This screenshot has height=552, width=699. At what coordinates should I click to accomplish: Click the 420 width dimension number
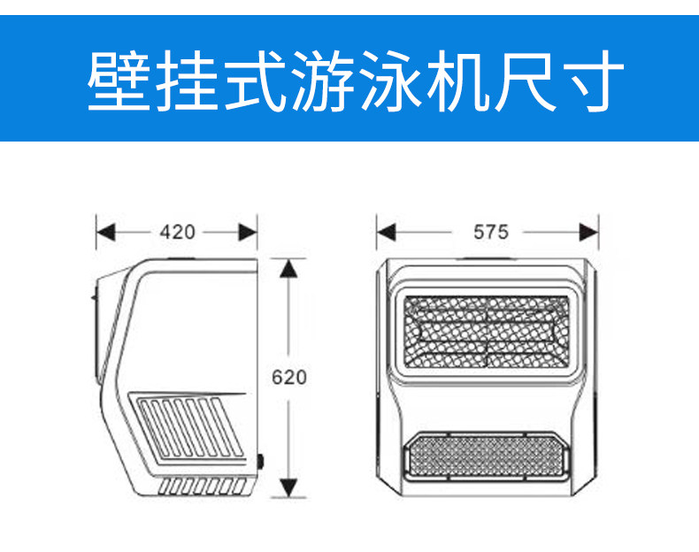pyautogui.click(x=177, y=233)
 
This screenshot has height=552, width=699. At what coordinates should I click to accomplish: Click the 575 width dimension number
pyautogui.click(x=490, y=232)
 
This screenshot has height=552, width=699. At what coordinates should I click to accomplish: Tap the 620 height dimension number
pyautogui.click(x=288, y=377)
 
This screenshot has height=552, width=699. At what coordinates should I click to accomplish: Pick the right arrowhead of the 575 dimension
pyautogui.click(x=589, y=232)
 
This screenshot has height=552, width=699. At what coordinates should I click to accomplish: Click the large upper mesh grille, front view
pyautogui.click(x=486, y=332)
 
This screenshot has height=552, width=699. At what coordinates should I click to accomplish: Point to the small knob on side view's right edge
pyautogui.click(x=260, y=461)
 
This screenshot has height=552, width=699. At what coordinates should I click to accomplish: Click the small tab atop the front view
pyautogui.click(x=485, y=257)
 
